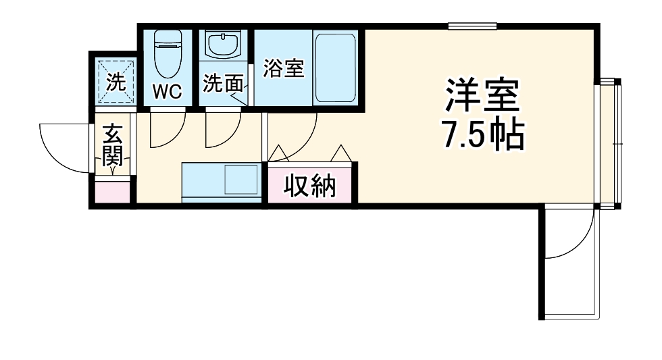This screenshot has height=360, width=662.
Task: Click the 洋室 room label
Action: point(482,97)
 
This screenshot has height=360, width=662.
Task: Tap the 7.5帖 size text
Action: point(482,136)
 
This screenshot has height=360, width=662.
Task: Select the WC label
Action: point(167,91)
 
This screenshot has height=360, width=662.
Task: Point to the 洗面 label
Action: point(222,84)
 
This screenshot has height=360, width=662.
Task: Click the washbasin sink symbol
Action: point(224,46)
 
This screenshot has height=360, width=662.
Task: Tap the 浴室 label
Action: point(283,68)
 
